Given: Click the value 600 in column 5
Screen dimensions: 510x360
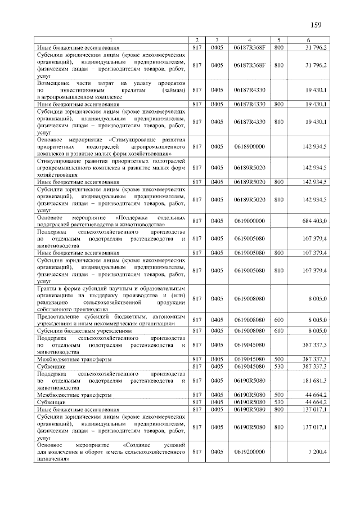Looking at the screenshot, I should click(278, 320).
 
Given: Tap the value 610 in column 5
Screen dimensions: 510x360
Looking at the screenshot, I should click(278, 330).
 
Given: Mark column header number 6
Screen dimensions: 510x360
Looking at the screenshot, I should click(308, 40).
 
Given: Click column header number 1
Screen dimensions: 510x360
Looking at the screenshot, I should click(111, 40).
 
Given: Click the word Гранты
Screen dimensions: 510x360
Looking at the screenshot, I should click(47, 288).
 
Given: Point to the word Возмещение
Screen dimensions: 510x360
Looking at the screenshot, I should click(54, 83).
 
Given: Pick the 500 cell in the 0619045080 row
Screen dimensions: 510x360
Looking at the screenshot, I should click(278, 359).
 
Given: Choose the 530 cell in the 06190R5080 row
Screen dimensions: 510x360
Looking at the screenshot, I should click(278, 402).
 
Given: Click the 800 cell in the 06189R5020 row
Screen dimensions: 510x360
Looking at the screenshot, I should click(278, 182).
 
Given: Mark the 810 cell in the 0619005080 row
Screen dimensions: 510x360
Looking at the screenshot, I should click(278, 270).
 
